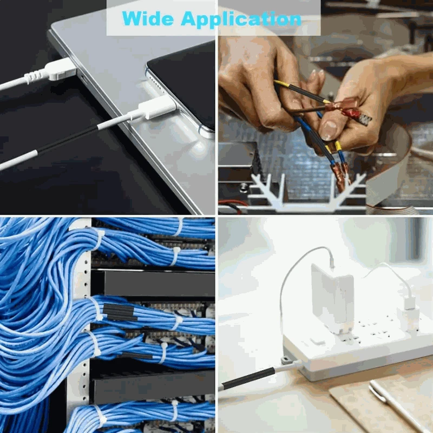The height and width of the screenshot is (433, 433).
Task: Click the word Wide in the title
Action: pos(148,18)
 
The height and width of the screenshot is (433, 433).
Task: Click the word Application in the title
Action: pos(240,18)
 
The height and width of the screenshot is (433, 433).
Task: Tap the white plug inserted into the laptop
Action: pos(60,69)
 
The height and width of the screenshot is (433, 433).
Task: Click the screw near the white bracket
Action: pos(244,187)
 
